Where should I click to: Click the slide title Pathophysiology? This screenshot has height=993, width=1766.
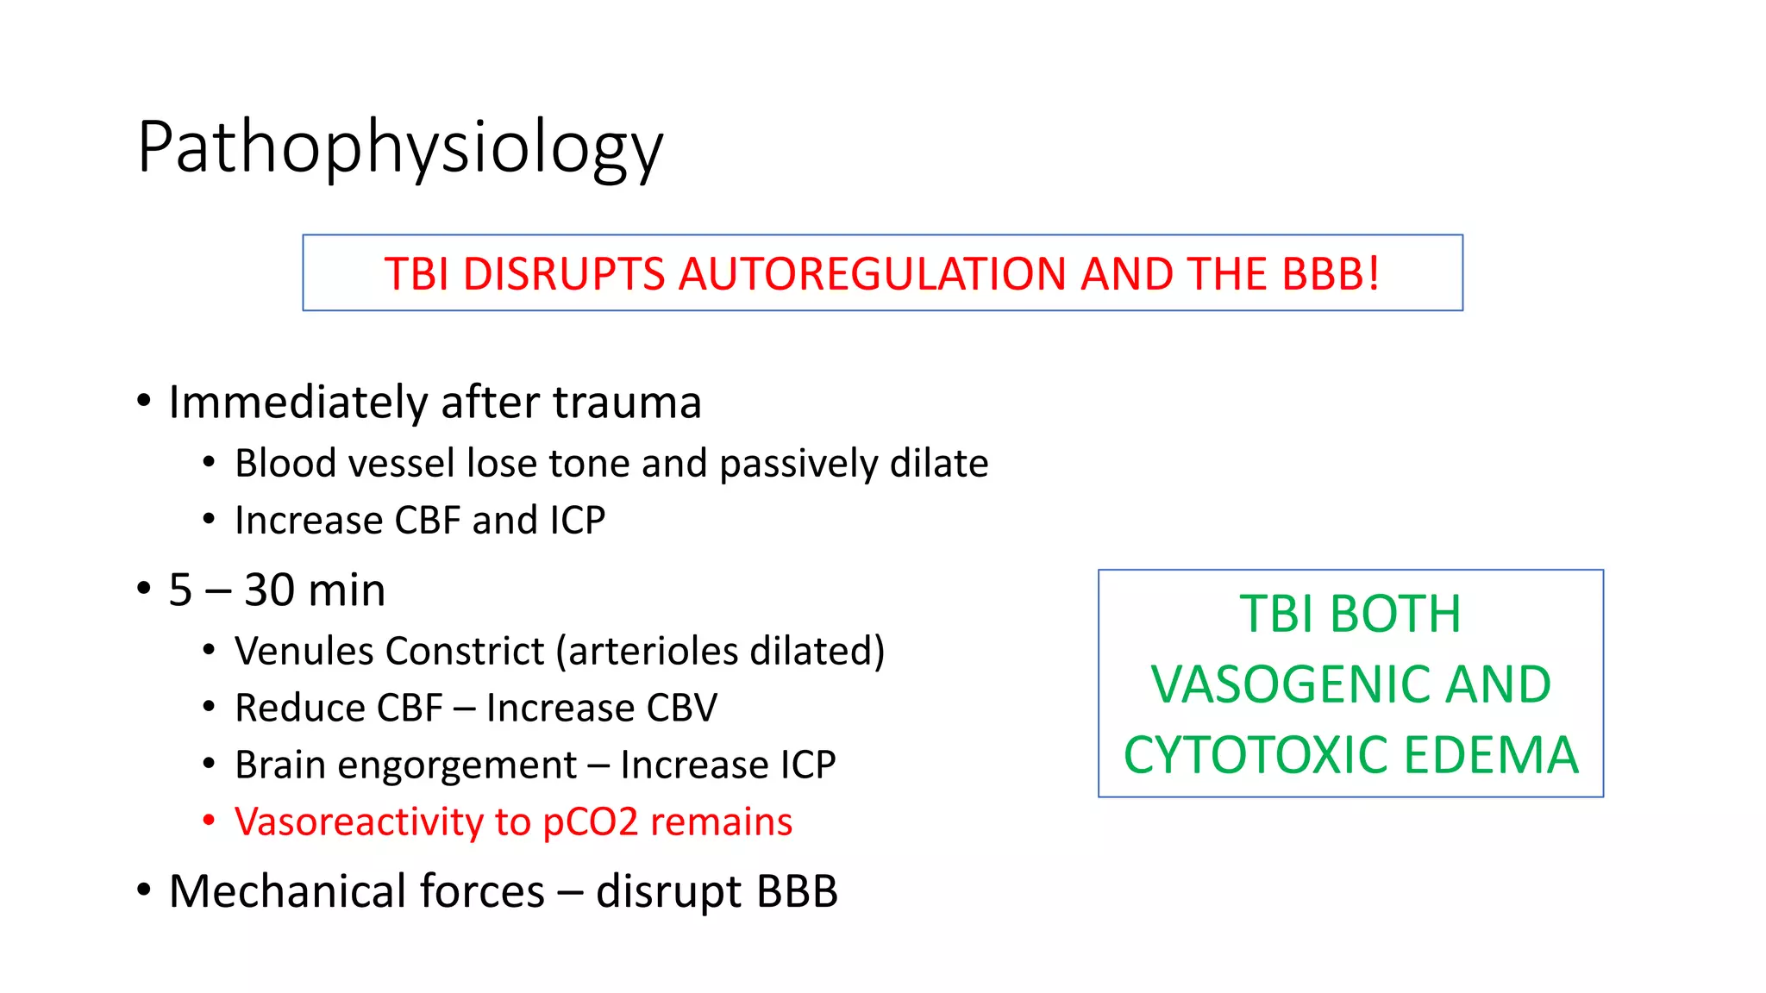pos(400,148)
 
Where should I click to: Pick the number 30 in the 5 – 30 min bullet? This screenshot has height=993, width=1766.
pos(269,591)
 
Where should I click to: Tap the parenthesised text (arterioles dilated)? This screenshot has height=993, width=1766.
pos(720,652)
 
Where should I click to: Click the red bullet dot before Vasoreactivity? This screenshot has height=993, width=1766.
pos(209,821)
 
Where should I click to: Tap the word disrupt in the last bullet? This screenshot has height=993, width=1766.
pos(668,893)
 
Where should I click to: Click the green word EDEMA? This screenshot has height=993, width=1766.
pos(1491,755)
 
